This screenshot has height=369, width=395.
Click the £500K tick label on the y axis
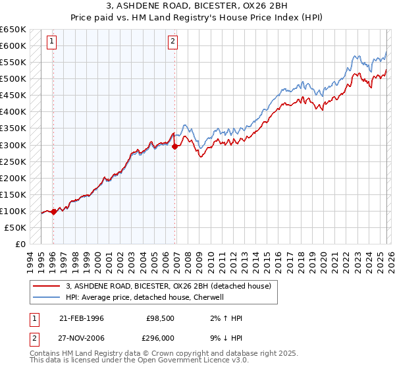point(13,79)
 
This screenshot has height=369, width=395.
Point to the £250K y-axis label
point(13,161)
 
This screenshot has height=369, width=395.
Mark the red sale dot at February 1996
point(53,212)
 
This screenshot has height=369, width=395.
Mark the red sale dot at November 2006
point(174,146)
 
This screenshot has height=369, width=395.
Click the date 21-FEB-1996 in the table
point(82,318)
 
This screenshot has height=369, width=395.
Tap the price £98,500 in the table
point(159,318)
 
